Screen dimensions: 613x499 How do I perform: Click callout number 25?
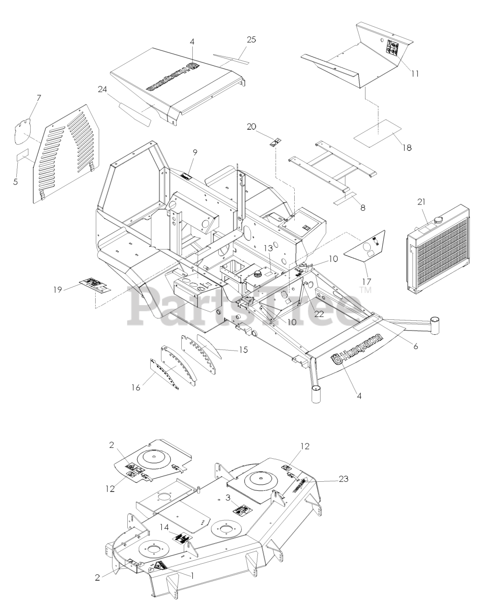[251, 40]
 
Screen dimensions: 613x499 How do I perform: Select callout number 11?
[415, 74]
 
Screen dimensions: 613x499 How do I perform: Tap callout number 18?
[406, 148]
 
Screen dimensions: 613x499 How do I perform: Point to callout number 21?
[421, 202]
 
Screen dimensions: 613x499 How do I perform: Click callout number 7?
[39, 98]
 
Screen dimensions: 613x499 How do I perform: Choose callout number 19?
[58, 289]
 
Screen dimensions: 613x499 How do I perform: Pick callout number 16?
[136, 387]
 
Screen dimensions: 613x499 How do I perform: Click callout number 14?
[164, 526]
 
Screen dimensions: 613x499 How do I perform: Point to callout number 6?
[415, 346]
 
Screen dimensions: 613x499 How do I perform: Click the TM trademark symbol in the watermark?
[366, 290]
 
